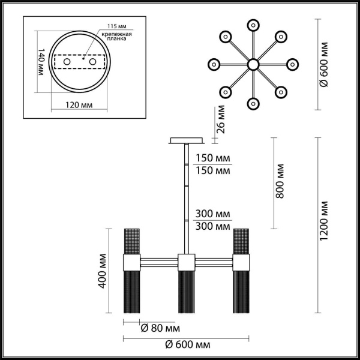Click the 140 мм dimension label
[x=41, y=63]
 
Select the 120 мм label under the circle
[x=79, y=105]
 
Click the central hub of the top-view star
[x=253, y=64]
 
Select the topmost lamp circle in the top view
[x=253, y=25]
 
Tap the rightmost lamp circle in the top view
[x=292, y=64]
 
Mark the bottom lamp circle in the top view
[x=253, y=103]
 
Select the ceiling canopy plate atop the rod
[x=187, y=142]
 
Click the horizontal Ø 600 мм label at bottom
[x=187, y=346]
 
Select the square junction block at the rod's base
[x=187, y=262]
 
